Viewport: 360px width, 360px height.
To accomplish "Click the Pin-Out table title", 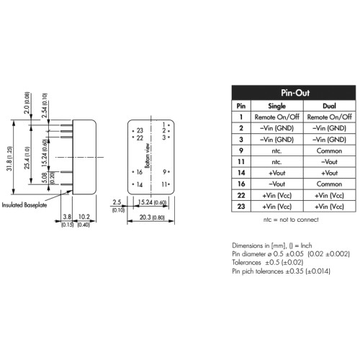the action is [295, 93].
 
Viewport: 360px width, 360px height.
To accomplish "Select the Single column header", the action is [276, 106].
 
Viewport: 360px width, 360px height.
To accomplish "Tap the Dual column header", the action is [329, 106].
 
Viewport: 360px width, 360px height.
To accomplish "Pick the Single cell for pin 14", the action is [277, 173].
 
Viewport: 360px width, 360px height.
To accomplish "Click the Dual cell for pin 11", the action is [329, 162].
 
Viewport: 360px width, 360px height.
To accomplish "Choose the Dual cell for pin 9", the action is [329, 150].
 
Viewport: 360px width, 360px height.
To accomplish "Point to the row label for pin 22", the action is [241, 195].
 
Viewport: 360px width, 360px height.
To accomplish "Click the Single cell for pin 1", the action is [277, 117].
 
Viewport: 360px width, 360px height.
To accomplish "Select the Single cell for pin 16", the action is [277, 184].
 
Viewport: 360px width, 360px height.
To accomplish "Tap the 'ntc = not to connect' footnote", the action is [291, 220].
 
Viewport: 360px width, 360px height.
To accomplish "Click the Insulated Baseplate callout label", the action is [24, 205].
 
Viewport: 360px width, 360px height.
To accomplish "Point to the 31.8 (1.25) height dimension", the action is [9, 158].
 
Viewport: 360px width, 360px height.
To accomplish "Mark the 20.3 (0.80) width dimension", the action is [152, 217].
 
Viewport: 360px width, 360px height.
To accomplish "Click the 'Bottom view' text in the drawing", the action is [148, 156].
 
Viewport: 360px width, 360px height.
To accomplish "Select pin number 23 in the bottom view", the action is [140, 130].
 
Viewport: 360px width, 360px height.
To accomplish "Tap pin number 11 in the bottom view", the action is [164, 184].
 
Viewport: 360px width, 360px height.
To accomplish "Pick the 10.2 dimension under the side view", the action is [84, 217].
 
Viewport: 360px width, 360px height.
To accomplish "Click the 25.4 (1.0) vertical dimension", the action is [27, 158].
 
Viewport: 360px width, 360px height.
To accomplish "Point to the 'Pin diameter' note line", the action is [291, 254].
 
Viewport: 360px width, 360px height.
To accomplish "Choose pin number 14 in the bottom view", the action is [140, 184].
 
